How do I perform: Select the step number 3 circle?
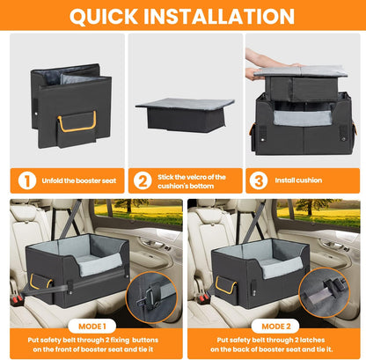tap(260, 180)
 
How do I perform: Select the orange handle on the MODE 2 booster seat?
tap(223, 283)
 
